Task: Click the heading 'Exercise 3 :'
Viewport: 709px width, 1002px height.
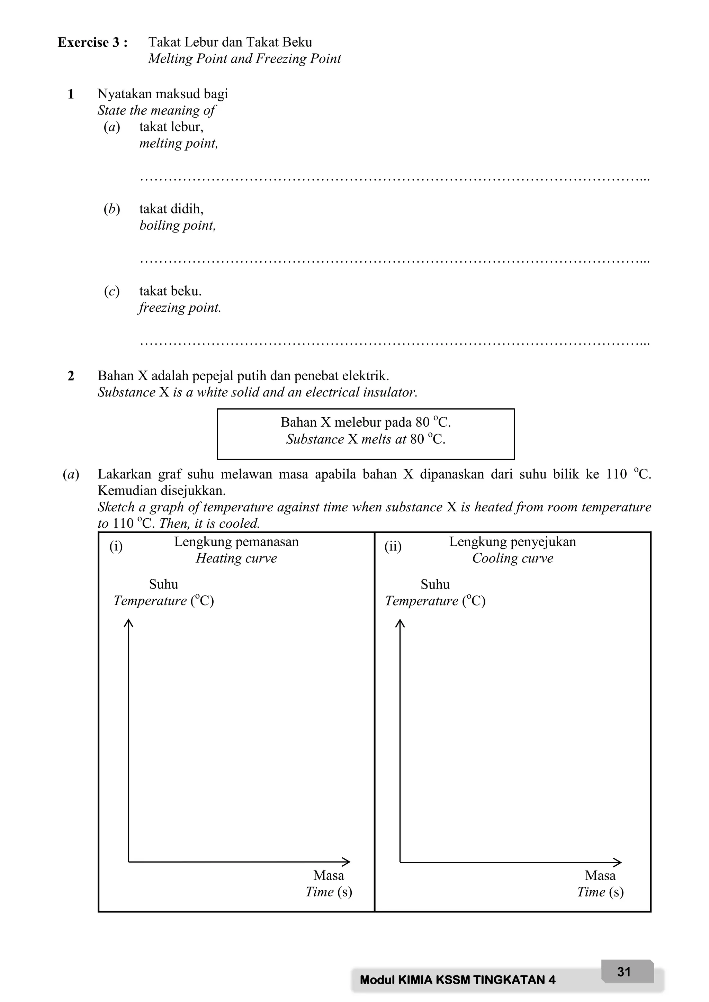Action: click(92, 42)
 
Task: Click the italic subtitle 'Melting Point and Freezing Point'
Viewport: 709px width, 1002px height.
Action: click(244, 58)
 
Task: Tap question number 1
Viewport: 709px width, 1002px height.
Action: click(71, 94)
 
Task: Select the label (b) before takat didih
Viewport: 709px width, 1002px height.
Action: click(112, 209)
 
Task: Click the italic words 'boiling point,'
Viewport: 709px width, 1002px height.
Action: click(177, 226)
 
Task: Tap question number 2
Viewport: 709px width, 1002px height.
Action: click(71, 376)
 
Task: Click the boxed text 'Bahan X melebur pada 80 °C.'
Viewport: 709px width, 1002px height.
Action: click(366, 422)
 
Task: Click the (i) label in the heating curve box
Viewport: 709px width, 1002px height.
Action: click(116, 546)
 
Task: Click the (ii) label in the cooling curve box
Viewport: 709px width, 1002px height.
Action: click(393, 546)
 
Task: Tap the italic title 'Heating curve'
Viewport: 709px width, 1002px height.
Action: click(236, 558)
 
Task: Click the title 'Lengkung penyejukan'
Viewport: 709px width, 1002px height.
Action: click(513, 541)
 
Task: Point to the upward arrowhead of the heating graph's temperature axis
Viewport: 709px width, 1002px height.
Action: click(128, 623)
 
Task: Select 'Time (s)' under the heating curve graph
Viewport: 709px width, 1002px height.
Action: click(329, 892)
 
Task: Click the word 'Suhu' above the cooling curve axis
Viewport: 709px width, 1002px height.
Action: click(435, 584)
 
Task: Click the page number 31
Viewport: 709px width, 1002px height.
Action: click(624, 972)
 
